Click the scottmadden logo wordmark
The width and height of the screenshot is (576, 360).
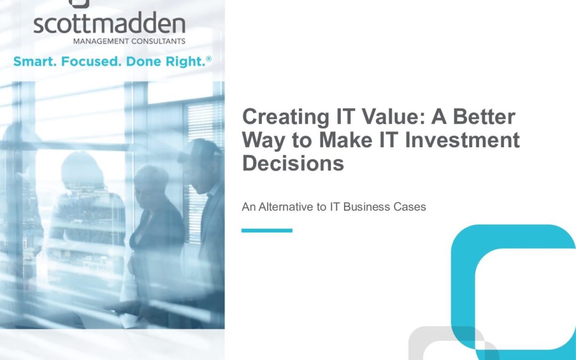click(x=109, y=23)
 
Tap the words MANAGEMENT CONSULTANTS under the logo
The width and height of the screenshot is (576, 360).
click(x=129, y=41)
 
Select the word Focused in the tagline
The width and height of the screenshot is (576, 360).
click(x=91, y=61)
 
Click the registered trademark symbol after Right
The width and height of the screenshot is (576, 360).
click(x=209, y=59)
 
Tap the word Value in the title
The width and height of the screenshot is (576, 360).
click(x=394, y=116)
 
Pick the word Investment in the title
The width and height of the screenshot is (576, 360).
click(x=462, y=140)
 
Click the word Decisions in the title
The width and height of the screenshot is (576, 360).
click(x=293, y=163)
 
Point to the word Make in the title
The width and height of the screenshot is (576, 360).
click(x=345, y=140)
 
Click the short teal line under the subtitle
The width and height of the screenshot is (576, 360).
click(x=267, y=230)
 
